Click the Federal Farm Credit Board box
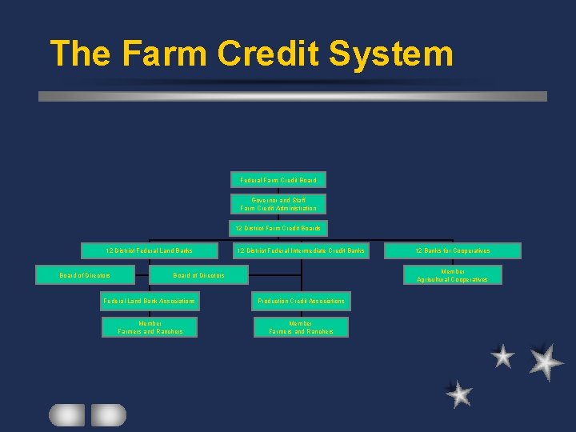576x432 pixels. pyautogui.click(x=278, y=180)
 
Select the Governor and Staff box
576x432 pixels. pyautogui.click(x=278, y=204)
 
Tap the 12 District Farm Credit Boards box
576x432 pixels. pyautogui.click(x=278, y=228)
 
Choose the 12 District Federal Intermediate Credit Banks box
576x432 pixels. pyautogui.click(x=301, y=250)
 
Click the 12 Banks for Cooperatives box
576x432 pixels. pyautogui.click(x=453, y=250)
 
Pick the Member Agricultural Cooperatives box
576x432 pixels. pyautogui.click(x=453, y=275)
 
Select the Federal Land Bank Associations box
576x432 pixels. pyautogui.click(x=150, y=301)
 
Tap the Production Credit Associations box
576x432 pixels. pyautogui.click(x=301, y=301)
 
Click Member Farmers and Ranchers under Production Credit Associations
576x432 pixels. pyautogui.click(x=301, y=327)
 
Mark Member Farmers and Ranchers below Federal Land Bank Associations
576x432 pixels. pyautogui.click(x=150, y=327)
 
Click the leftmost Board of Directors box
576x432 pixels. pyautogui.click(x=85, y=275)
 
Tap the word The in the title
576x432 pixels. pyautogui.click(x=78, y=54)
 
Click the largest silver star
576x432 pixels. pyautogui.click(x=545, y=362)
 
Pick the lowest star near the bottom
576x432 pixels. pyautogui.click(x=459, y=394)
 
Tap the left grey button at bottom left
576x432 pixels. pyautogui.click(x=66, y=414)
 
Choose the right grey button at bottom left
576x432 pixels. pyautogui.click(x=108, y=414)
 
